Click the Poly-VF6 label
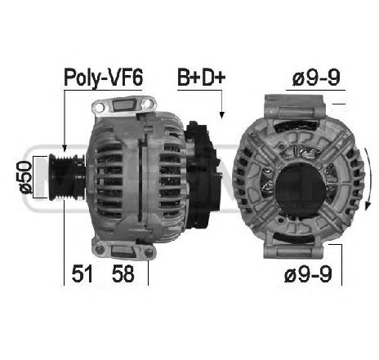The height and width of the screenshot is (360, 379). click(103, 79)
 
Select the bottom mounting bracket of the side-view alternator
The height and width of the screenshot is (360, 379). click(123, 250)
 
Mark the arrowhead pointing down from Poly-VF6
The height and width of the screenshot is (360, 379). click(64, 148)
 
